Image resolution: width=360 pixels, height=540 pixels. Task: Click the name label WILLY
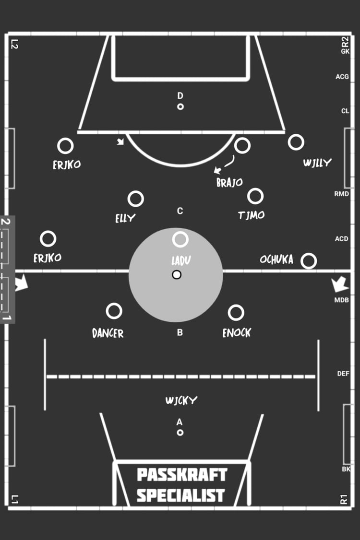317,163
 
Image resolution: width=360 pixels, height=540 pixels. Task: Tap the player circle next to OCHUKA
309,261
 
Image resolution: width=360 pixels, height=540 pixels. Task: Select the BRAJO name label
229,182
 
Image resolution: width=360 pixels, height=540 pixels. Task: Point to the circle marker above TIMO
255,196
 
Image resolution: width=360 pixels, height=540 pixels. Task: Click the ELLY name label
125,218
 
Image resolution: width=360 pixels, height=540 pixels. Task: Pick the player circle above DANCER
114,311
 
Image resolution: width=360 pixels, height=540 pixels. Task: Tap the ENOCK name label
237,333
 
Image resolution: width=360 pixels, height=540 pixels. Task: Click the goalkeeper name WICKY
181,400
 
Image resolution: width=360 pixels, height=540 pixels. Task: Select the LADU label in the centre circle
181,261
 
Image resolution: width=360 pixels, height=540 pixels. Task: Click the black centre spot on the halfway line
177,275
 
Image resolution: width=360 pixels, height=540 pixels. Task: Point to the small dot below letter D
180,107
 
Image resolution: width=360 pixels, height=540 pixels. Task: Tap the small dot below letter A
180,433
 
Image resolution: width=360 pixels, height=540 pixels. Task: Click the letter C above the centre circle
180,211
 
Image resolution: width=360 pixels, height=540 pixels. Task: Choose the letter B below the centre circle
180,333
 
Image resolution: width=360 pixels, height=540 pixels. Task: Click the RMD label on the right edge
341,194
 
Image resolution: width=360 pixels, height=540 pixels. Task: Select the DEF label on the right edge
343,374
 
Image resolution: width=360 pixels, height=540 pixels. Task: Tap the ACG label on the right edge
342,77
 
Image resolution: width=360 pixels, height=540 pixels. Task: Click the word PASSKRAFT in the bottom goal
182,475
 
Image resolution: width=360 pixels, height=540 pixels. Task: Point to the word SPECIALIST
180,495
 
